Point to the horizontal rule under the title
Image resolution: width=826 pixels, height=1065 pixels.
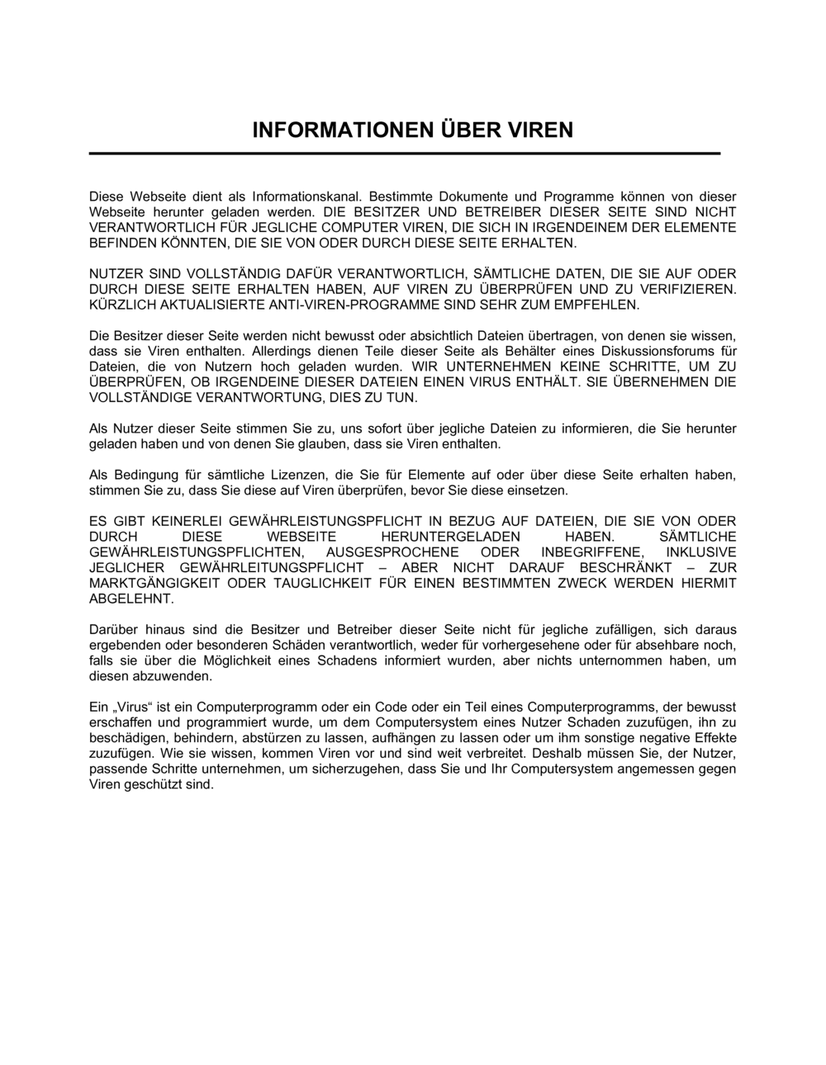click(x=405, y=154)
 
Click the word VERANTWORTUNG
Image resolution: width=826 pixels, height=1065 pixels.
click(x=244, y=397)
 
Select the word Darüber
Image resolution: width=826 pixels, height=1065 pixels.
click(x=113, y=630)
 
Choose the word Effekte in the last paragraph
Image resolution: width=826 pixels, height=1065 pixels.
click(x=711, y=738)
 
